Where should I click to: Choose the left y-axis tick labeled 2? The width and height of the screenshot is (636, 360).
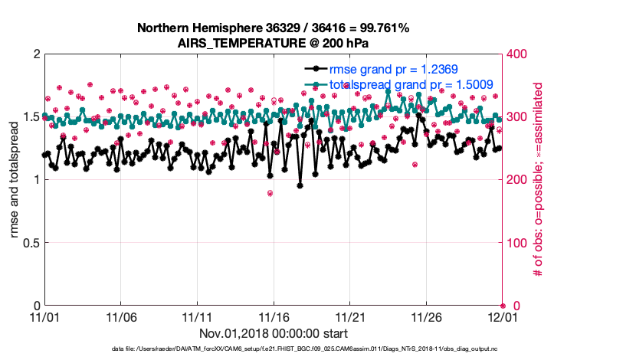coord(36,54)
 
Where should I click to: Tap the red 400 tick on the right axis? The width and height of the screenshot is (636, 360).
coord(519,54)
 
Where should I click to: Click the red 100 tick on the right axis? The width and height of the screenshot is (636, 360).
coord(519,243)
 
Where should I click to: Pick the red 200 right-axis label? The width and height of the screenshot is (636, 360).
coord(519,180)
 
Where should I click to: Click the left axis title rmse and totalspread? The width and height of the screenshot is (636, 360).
coord(15,180)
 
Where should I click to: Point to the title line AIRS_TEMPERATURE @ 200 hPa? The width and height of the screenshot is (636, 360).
coord(274,42)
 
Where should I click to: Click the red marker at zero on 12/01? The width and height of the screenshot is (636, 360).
coord(503,306)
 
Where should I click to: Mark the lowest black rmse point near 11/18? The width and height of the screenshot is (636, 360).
coord(300,185)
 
